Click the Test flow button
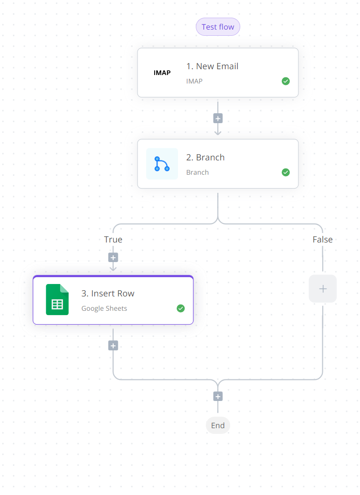click(218, 27)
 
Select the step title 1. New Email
click(212, 66)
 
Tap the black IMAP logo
click(162, 73)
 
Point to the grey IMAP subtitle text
click(194, 81)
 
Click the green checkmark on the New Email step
click(286, 81)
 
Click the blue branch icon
click(162, 164)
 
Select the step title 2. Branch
click(205, 157)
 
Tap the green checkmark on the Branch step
click(286, 172)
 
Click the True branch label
click(113, 239)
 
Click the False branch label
click(322, 239)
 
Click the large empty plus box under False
click(323, 288)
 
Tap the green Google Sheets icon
click(57, 299)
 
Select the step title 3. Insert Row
click(108, 293)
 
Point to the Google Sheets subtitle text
click(104, 308)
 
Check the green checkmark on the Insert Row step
click(180, 308)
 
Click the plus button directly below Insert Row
click(113, 346)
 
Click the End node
click(218, 425)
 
